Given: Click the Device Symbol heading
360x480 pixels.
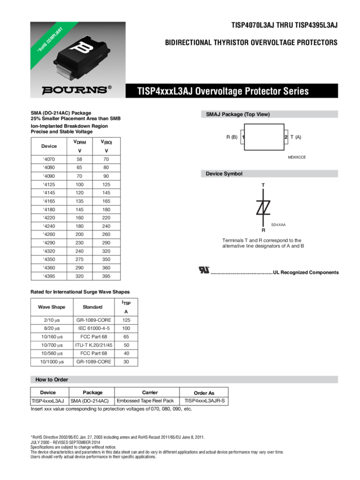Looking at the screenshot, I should tap(224, 174).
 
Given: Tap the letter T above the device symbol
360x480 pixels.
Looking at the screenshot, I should tap(263, 186).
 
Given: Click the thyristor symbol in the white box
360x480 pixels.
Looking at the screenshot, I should tap(263, 207).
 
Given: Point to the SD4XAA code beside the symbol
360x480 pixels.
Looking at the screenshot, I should tap(279, 225).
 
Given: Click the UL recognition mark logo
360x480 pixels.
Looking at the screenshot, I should tap(203, 270).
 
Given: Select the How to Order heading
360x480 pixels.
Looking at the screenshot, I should tap(52, 379).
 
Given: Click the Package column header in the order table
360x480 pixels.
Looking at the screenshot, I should tap(93, 392).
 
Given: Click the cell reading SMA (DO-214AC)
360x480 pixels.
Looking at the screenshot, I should tap(93, 401).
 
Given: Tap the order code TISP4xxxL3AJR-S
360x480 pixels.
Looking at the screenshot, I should tap(204, 401).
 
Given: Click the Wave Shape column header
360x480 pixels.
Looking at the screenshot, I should tap(51, 307).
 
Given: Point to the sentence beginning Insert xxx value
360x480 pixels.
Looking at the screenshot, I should tap(111, 409).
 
